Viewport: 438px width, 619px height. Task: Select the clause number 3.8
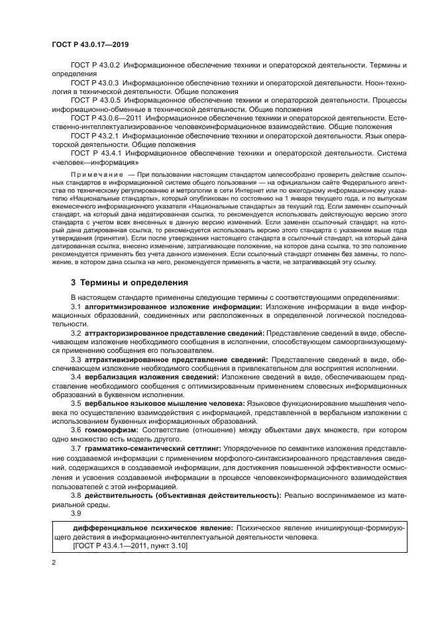[76, 495]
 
